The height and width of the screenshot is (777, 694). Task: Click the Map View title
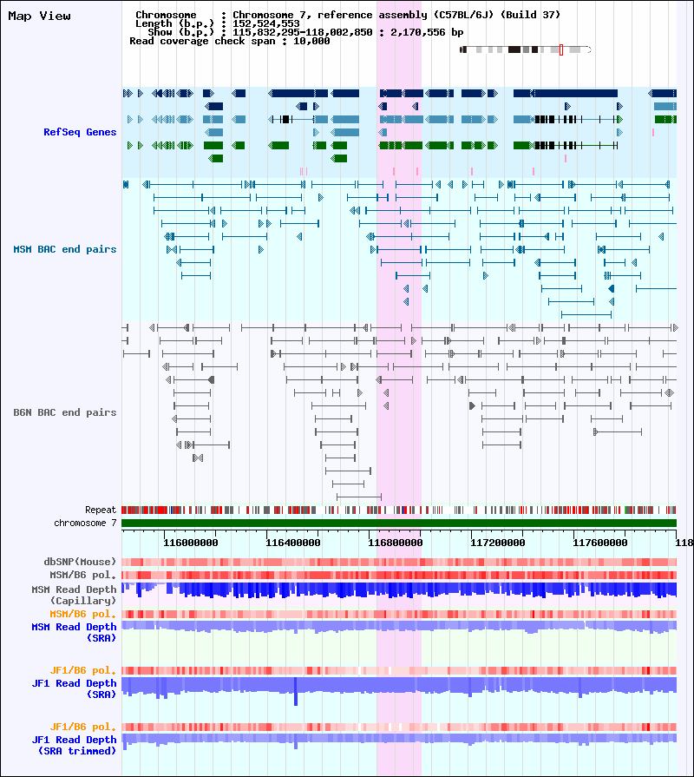[x=40, y=16]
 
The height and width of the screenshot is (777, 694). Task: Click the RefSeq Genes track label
[x=80, y=132]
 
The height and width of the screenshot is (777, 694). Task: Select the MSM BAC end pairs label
[x=65, y=249]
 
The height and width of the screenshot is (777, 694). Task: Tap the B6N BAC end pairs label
[x=65, y=412]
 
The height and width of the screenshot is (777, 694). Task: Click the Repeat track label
[x=101, y=510]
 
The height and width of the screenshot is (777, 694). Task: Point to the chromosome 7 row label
[x=85, y=523]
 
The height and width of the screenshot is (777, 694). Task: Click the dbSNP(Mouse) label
[x=80, y=562]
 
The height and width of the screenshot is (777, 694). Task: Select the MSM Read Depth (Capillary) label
[x=75, y=595]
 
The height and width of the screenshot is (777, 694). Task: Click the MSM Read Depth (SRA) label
[x=75, y=632]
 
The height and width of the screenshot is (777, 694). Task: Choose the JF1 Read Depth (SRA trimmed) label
[x=75, y=745]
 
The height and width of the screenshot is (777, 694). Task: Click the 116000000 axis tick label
[x=191, y=543]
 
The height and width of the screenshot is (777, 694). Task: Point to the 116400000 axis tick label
[x=293, y=543]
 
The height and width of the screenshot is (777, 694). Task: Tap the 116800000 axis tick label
[x=396, y=543]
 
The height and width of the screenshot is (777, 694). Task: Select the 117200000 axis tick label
[x=497, y=543]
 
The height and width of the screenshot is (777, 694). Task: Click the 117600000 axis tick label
[x=600, y=543]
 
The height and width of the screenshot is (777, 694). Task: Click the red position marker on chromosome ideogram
[x=561, y=49]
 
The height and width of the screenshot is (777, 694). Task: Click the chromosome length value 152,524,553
[x=266, y=23]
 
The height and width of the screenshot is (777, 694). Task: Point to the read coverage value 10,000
[x=311, y=41]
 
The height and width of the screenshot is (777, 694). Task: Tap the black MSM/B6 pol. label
[x=82, y=575]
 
